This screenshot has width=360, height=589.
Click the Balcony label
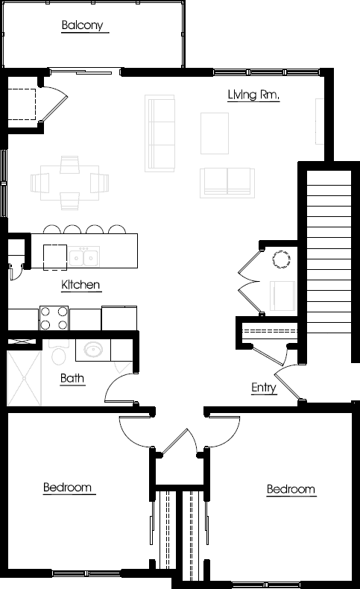82,25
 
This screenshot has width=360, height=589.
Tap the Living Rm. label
253,95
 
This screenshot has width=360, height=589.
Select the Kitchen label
80,285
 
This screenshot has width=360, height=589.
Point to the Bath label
72,378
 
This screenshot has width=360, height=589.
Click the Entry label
264,388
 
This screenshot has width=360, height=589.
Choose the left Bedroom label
68,487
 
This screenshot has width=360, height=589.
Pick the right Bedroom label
291,489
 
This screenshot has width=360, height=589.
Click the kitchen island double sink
84,257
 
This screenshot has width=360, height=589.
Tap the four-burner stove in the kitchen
54,318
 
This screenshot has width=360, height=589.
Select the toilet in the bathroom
59,353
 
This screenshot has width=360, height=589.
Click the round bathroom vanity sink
92,350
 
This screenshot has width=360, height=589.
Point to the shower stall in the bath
24,378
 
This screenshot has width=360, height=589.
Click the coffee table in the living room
215,133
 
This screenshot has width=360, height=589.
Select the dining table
70,183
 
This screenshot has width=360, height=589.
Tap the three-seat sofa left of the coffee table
160,133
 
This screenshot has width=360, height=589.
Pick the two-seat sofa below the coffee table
227,183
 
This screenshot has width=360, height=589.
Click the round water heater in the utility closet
281,259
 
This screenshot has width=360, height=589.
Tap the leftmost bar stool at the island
52,229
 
